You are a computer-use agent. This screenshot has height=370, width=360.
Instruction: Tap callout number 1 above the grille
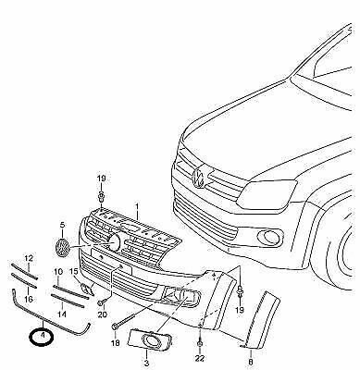coord(137,205)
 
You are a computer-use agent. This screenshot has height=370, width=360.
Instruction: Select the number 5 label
coord(62,225)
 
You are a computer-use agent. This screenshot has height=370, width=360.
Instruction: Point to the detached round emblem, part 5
coord(62,248)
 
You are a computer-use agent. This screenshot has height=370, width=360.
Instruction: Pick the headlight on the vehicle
coord(267,193)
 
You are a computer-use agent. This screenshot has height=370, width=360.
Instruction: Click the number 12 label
coord(29,258)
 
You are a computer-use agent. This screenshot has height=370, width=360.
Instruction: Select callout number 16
coord(29,299)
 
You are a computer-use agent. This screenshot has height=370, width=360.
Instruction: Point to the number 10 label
coord(57,272)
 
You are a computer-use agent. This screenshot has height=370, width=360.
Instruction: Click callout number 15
coord(73,272)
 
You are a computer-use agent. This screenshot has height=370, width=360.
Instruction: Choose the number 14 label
coord(62,314)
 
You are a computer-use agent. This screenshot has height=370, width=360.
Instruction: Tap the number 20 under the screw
coord(102,314)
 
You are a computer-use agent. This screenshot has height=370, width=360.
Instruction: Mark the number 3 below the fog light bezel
coord(146,363)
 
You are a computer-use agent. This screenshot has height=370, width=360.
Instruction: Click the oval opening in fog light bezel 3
coord(151,340)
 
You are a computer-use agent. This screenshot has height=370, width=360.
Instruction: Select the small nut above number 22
coord(200,344)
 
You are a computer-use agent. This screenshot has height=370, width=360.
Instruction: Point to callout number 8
coord(251,362)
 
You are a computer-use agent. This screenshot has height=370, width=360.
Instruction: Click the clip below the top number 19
coord(101,196)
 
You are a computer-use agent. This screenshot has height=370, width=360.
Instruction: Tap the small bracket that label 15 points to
coord(85,289)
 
